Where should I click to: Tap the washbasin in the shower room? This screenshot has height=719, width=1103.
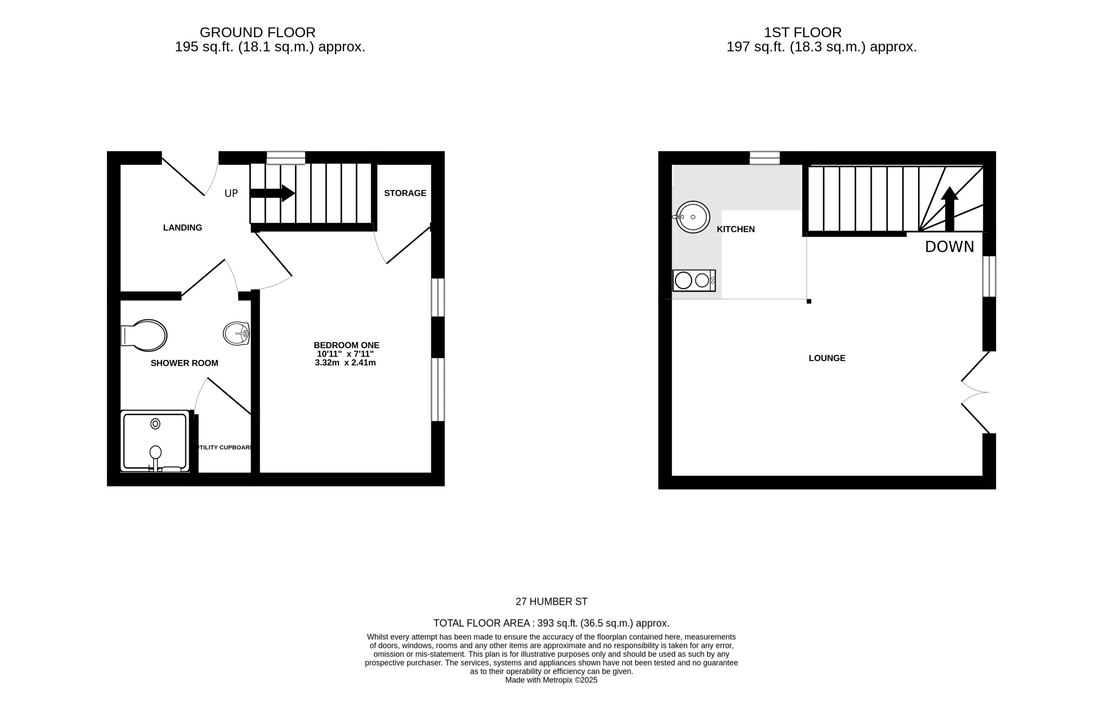coord(237,333)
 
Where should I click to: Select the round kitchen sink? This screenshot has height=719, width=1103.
coord(692,217)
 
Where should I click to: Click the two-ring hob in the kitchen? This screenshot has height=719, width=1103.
coord(693,280)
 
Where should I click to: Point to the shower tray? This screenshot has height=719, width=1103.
coord(155,441)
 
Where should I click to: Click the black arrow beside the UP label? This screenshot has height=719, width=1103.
coord(273,193)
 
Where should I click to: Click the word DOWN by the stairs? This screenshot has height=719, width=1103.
coord(949,247)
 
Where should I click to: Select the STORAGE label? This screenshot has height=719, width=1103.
coord(405,193)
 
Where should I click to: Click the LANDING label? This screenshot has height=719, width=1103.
coord(182,227)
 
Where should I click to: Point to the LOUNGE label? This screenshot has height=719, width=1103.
coord(827,358)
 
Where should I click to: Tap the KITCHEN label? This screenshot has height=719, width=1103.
coord(736,229)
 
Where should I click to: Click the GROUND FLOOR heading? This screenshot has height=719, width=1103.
coord(257,32)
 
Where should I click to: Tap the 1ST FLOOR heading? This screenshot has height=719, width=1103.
coord(802,32)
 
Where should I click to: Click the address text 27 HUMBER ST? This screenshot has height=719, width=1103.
coord(551,602)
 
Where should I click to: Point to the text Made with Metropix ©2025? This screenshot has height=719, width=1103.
coord(551,680)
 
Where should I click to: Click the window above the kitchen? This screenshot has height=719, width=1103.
coord(764,158)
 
